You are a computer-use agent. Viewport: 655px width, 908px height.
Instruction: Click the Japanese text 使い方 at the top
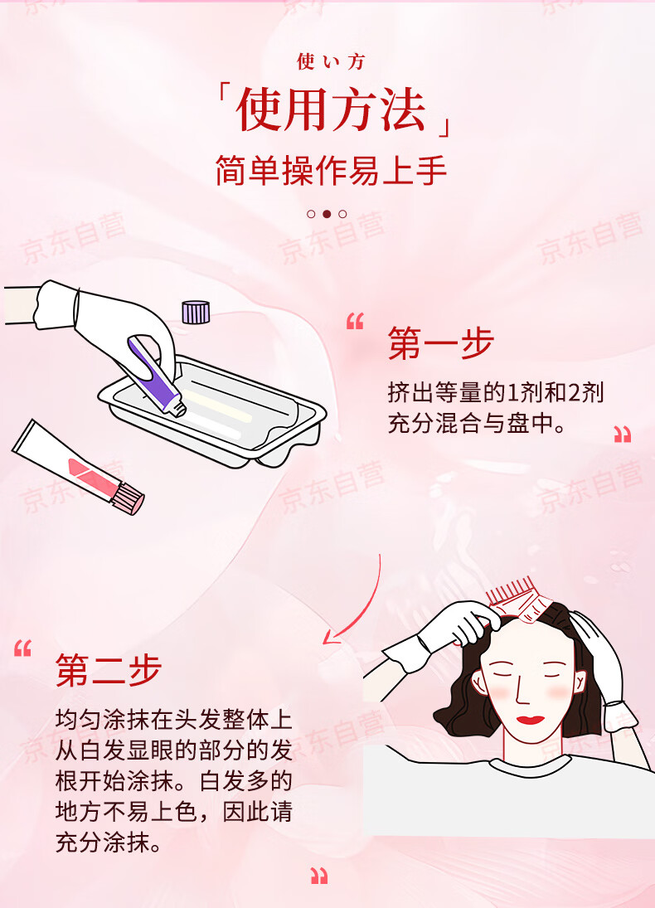331,61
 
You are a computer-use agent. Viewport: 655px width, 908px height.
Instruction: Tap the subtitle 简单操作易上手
331,170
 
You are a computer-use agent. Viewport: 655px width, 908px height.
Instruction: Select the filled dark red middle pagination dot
327,214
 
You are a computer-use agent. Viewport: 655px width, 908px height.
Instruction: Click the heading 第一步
440,343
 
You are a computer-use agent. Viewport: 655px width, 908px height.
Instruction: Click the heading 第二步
108,670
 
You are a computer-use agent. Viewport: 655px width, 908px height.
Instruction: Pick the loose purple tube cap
196,311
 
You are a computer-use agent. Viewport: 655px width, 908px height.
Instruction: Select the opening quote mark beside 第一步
355,322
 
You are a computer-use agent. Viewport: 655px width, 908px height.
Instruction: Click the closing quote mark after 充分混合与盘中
622,435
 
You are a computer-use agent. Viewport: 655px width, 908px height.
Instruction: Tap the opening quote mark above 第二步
22,648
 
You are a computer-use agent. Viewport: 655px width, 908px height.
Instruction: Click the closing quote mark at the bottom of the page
319,875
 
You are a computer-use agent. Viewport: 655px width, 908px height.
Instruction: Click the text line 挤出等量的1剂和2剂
495,392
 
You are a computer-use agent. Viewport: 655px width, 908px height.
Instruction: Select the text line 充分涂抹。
108,844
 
